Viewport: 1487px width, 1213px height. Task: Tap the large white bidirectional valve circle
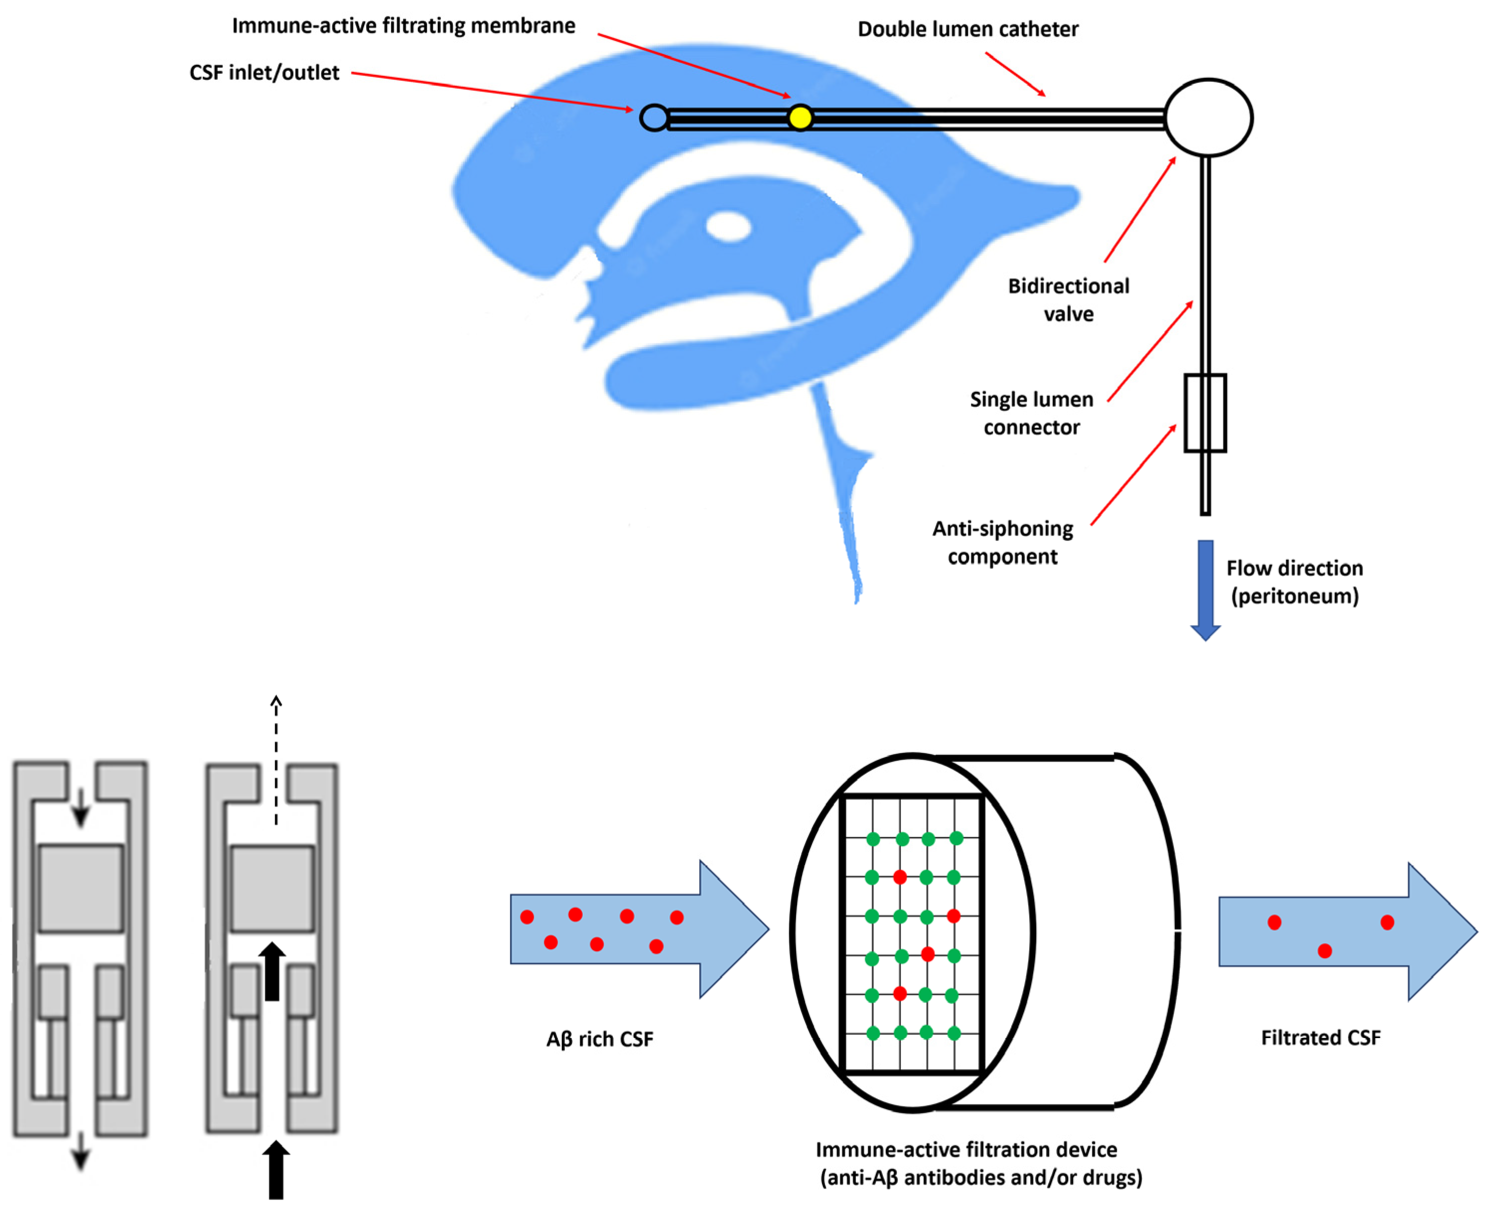pos(1209,118)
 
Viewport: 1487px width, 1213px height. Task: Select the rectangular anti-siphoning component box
pos(1205,413)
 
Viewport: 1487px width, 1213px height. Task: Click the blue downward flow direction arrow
pos(1205,587)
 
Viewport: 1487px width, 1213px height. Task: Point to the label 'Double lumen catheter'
pos(967,29)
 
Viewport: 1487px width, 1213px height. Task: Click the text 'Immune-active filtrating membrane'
pos(404,26)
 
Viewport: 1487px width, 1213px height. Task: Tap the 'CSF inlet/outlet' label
pos(264,73)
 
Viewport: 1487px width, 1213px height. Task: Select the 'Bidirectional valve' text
pos(1068,300)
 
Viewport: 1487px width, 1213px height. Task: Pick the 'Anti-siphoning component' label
pos(1002,542)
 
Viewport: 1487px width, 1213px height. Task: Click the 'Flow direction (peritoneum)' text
pos(1294,582)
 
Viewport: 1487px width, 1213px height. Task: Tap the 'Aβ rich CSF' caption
pos(599,1039)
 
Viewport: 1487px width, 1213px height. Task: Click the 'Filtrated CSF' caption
pos(1320,1038)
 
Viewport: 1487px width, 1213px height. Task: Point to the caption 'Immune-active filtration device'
pos(966,1149)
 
